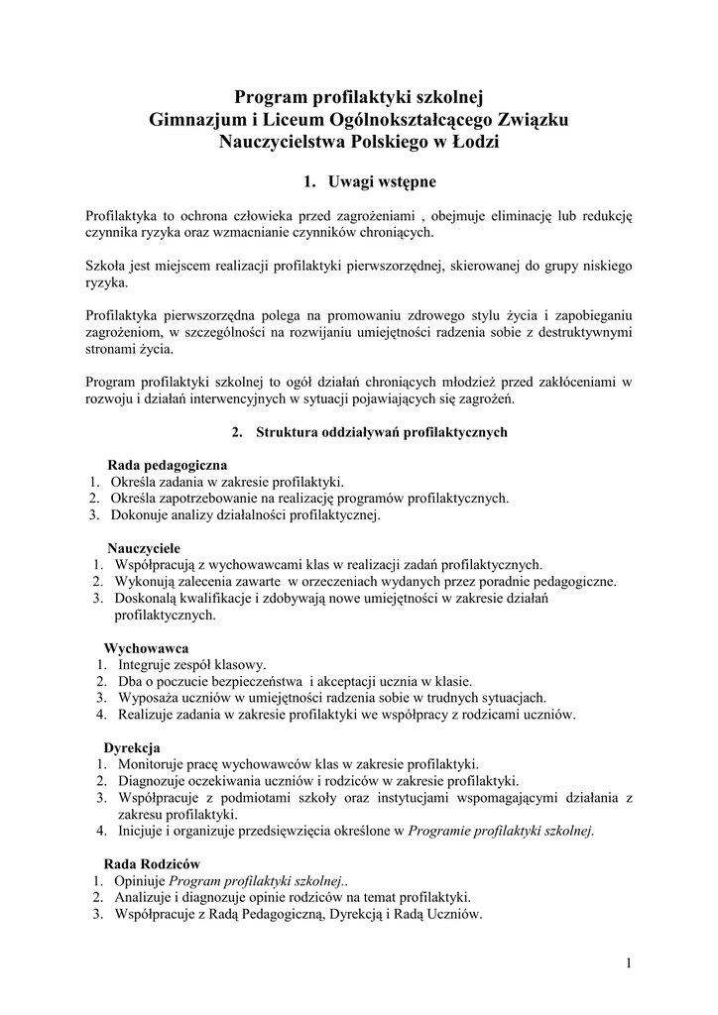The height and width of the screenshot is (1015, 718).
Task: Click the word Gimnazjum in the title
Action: tap(191, 120)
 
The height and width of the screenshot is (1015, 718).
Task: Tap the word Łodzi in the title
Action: tap(477, 142)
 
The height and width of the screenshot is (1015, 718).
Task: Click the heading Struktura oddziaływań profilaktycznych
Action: tap(382, 432)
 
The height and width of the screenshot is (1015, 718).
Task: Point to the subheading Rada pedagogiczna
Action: tap(167, 464)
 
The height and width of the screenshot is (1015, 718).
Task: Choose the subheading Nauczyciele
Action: tap(144, 547)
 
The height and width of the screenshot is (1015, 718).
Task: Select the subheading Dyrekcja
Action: tap(132, 746)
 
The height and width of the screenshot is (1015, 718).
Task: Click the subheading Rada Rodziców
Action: tap(153, 864)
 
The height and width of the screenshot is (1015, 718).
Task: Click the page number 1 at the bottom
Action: tap(629, 962)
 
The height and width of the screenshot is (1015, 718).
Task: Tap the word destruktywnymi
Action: tap(581, 333)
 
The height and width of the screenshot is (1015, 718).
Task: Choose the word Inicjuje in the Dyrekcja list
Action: tap(140, 831)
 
